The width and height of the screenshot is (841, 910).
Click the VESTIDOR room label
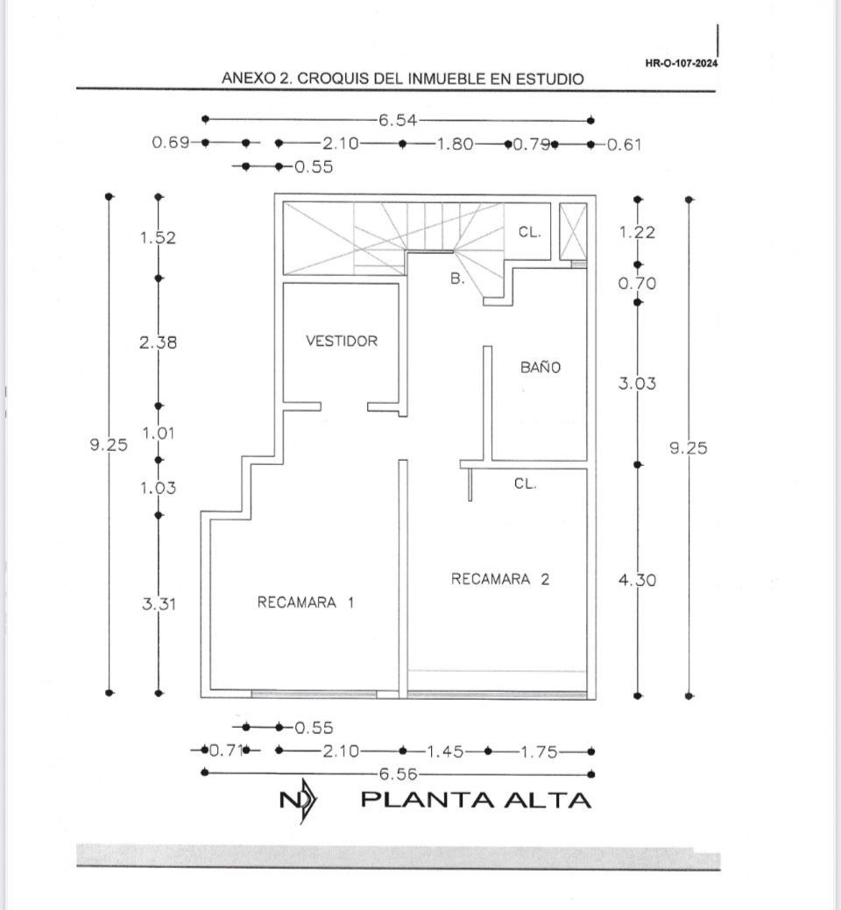pos(342,341)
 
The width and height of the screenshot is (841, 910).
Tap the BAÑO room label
pos(540,368)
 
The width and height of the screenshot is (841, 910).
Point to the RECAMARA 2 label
pos(500,579)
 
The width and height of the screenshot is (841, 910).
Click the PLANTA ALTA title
pos(476,800)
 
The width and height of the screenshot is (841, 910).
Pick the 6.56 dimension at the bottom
pos(397,774)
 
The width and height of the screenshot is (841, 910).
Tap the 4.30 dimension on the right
pos(638,580)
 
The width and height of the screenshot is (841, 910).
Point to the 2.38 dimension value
pos(158,343)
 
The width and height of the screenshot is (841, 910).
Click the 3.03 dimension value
pos(638,384)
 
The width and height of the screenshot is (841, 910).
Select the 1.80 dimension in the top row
pos(456,144)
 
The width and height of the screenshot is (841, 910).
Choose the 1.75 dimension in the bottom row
pos(539,751)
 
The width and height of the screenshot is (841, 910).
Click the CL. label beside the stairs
pos(530,233)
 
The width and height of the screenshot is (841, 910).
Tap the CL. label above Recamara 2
pos(526,483)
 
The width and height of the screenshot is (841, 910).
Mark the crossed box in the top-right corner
pos(573,231)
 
